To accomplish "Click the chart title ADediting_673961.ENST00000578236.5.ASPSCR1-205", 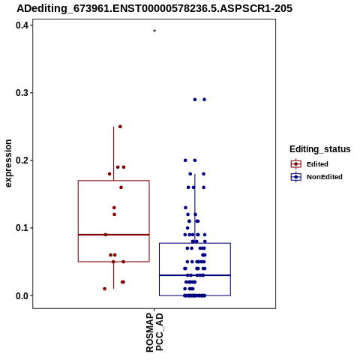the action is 154,8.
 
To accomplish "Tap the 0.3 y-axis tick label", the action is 21,93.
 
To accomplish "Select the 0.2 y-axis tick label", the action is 21,160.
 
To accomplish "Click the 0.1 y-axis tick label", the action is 21,228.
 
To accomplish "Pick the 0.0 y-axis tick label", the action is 21,295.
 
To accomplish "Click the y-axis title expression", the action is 8,163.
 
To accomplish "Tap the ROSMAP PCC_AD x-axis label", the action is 154,332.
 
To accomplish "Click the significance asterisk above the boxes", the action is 154,31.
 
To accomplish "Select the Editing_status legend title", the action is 320,149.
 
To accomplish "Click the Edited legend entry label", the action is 317,164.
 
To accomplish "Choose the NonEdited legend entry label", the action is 325,177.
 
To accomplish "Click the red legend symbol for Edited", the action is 296,164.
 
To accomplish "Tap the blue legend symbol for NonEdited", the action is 296,177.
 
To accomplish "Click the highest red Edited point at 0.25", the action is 120,127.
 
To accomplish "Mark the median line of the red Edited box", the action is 114,235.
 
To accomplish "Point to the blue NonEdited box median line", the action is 195,275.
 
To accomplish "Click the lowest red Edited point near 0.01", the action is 105,289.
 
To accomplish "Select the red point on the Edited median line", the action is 106,235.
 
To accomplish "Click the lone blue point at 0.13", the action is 186,208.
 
